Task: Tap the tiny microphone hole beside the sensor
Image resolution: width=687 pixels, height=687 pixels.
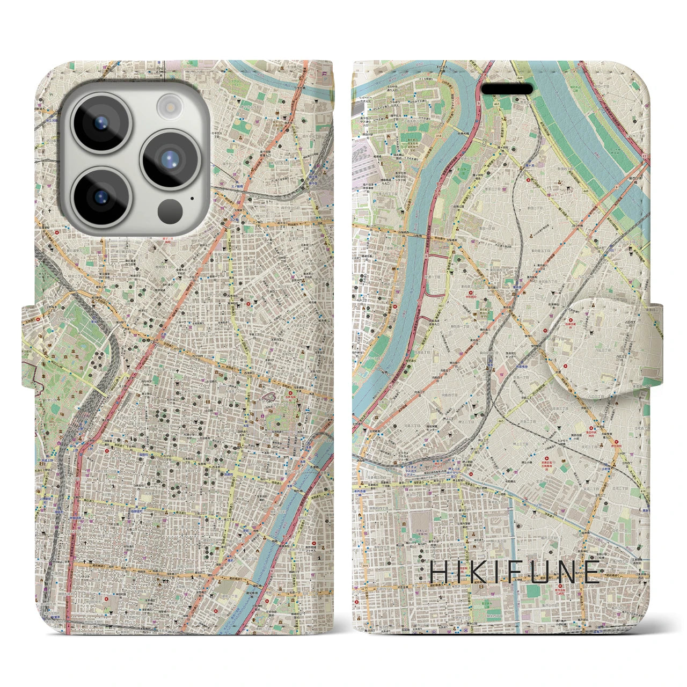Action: (193, 198)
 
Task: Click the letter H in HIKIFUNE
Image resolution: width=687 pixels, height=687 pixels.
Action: (439, 572)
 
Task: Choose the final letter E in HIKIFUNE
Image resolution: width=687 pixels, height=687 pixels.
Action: (592, 572)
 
